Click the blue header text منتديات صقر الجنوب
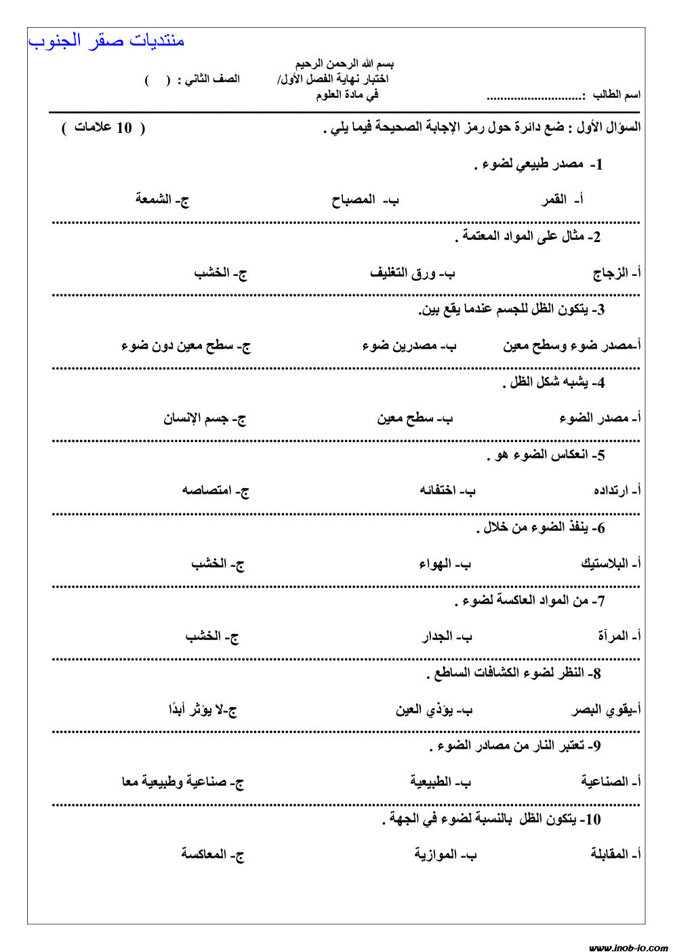tap(106, 41)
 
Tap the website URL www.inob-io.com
tap(628, 947)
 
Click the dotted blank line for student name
tap(535, 96)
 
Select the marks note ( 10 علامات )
tap(103, 128)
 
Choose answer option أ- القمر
tap(563, 200)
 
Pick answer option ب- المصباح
tap(365, 200)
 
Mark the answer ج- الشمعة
tap(162, 199)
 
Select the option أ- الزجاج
tap(617, 273)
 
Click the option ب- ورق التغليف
tap(412, 273)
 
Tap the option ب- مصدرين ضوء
tap(409, 346)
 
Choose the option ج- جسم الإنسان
tap(204, 418)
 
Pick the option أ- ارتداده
tap(617, 490)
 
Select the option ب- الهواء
tap(444, 564)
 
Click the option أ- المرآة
tap(619, 637)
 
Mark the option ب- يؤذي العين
tap(434, 710)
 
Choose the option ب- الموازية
tap(445, 854)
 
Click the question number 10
tap(591, 820)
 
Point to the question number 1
tap(596, 165)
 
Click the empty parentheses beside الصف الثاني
tap(157, 80)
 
